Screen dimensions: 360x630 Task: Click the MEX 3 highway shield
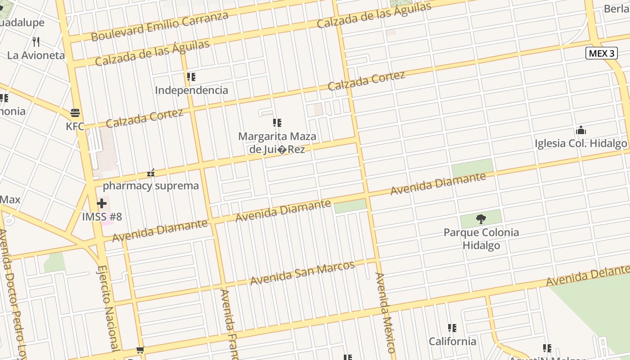[x=602, y=54]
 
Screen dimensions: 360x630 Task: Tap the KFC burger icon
[x=75, y=112]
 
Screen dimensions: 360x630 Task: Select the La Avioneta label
[x=36, y=56]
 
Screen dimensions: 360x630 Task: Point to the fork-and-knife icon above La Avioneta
[x=36, y=42]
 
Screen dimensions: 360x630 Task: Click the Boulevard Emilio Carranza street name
[x=160, y=26]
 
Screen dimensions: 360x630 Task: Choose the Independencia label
[x=191, y=90]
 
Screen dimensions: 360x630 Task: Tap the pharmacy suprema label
[x=151, y=186]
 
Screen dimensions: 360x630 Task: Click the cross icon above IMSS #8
[x=102, y=203]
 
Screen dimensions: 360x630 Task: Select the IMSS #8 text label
[x=102, y=217]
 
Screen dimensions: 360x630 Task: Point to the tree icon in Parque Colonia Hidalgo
[x=481, y=219]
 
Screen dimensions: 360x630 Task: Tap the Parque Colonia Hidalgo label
[x=481, y=239]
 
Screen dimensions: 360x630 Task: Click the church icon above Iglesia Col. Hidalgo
[x=581, y=130]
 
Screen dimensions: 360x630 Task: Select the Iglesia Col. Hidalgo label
[x=580, y=144]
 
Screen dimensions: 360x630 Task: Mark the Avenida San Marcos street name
[x=302, y=273]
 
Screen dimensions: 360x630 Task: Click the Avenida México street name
[x=385, y=312]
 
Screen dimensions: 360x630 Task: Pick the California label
[x=452, y=342]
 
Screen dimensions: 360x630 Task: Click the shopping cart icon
[x=140, y=350]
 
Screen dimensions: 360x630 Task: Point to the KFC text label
[x=75, y=126]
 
